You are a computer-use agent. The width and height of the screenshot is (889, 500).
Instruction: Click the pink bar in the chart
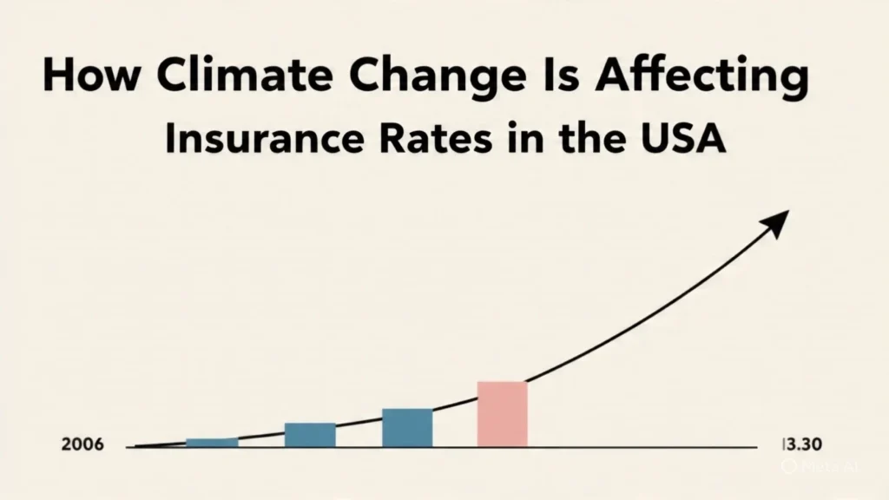503,414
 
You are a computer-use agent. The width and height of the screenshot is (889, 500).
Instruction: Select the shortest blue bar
212,442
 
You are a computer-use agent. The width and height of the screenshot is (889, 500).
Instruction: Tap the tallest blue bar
407,427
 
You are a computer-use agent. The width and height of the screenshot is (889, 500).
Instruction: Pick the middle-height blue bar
310,434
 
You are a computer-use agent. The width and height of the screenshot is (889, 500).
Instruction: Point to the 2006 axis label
82,445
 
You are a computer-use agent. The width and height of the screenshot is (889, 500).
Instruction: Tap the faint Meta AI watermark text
827,466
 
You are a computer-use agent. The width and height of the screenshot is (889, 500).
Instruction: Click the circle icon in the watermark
789,466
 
